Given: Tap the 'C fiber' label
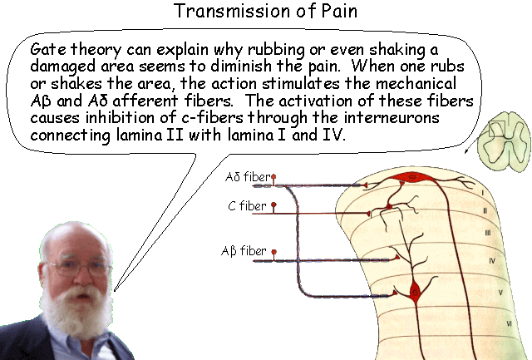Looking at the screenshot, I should pos(248,206).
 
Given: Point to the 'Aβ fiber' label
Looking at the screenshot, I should pos(244,250).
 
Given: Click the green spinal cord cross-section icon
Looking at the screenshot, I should pos(495,135).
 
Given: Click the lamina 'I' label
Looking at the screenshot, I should pos(481,190).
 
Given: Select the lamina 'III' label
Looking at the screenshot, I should pos(488,233).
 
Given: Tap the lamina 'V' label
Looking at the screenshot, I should pos(500,292).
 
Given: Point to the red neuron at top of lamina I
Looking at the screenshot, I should pos(411,178).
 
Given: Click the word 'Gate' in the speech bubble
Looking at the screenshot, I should pos(47,47).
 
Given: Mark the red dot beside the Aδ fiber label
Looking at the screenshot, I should pos(274,177).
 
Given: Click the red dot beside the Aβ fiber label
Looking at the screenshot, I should pos(273,250).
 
